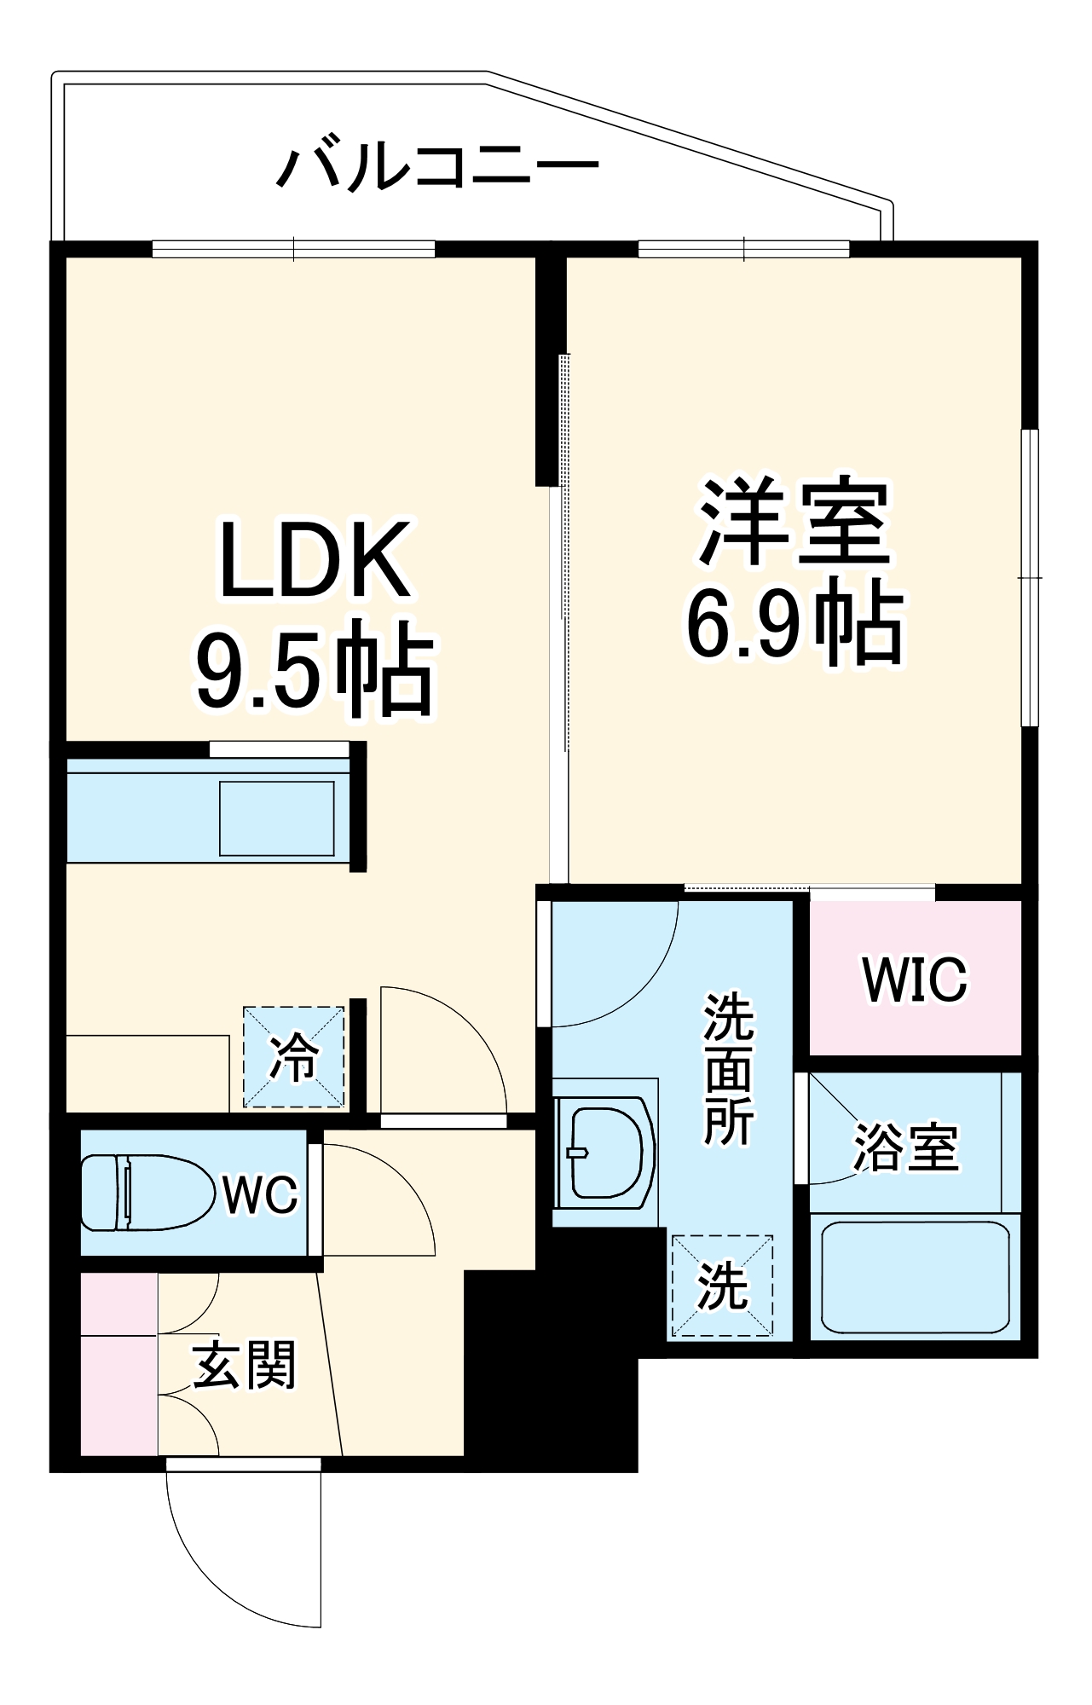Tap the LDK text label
pyautogui.click(x=315, y=560)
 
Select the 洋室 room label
pyautogui.click(x=794, y=522)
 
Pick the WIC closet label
pyautogui.click(x=915, y=980)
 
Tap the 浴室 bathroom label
pyautogui.click(x=906, y=1147)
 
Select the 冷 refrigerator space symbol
pyautogui.click(x=294, y=1058)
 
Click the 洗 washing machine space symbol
pyautogui.click(x=723, y=1286)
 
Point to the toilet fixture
pyautogui.click(x=145, y=1193)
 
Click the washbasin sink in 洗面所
pyautogui.click(x=605, y=1153)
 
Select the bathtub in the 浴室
pyautogui.click(x=915, y=1277)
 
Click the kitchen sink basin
pyautogui.click(x=276, y=818)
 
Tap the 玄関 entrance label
pyautogui.click(x=245, y=1365)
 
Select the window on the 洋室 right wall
pyautogui.click(x=1031, y=577)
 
